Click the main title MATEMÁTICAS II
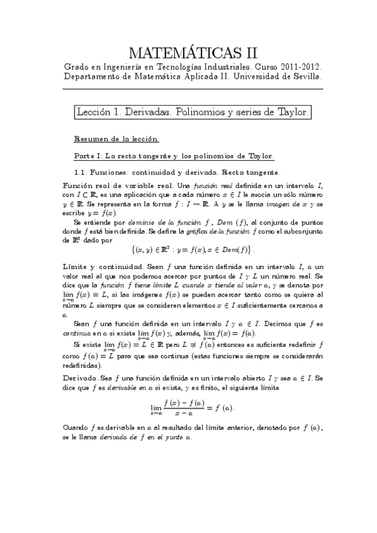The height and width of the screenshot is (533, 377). tap(193, 51)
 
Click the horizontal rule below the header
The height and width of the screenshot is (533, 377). tap(193, 89)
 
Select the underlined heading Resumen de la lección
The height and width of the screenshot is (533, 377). tap(116, 138)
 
